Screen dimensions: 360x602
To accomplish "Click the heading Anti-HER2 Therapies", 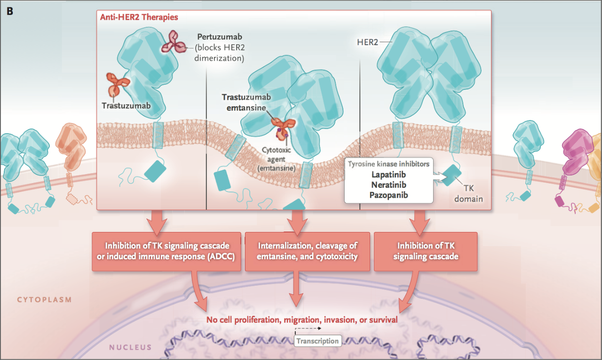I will coord(139,17).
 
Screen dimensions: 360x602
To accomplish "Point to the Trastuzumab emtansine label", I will coord(246,101).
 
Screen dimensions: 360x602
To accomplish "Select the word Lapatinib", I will coord(388,175).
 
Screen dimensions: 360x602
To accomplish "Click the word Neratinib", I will coord(388,184).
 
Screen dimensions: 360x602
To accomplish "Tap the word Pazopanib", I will coord(388,194).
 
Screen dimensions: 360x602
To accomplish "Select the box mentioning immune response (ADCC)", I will coord(166,251).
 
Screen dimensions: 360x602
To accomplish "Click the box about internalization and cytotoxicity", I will coord(308,251).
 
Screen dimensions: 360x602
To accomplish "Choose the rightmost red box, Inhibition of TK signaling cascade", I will coord(425,251).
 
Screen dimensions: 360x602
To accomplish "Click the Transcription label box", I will coord(317,341).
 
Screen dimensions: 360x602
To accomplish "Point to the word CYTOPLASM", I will coord(44,300).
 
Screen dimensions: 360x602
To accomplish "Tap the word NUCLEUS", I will coord(130,348).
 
